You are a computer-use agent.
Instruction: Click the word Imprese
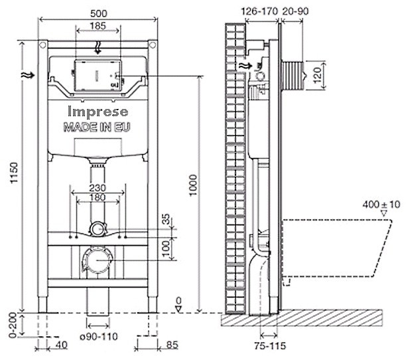tap(98, 113)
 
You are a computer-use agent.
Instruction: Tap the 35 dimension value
tap(165, 220)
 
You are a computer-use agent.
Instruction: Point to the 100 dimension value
tap(165, 247)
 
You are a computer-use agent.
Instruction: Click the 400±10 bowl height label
tap(381, 205)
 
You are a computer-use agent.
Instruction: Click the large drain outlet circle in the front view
tap(98, 259)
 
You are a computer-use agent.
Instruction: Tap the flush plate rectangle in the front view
tap(98, 74)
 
